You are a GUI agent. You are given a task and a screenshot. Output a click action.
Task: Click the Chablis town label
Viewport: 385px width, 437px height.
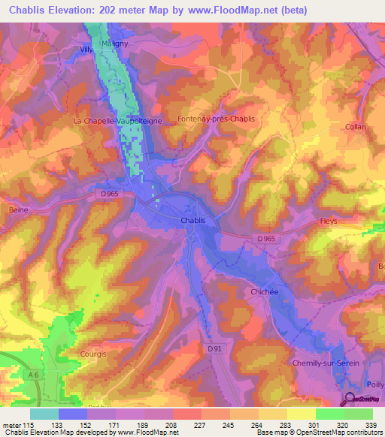pos(193,220)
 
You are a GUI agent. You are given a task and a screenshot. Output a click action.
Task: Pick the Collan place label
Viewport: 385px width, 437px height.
pos(356,127)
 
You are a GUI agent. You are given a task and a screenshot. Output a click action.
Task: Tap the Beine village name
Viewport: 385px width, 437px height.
pos(18,210)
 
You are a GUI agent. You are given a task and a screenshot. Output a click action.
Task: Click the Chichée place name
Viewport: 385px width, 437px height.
pos(255,291)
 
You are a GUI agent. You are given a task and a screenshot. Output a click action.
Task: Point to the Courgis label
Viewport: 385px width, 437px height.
pos(94,351)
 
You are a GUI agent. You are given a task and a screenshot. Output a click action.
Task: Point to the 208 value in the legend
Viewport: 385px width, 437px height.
pos(172,425)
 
